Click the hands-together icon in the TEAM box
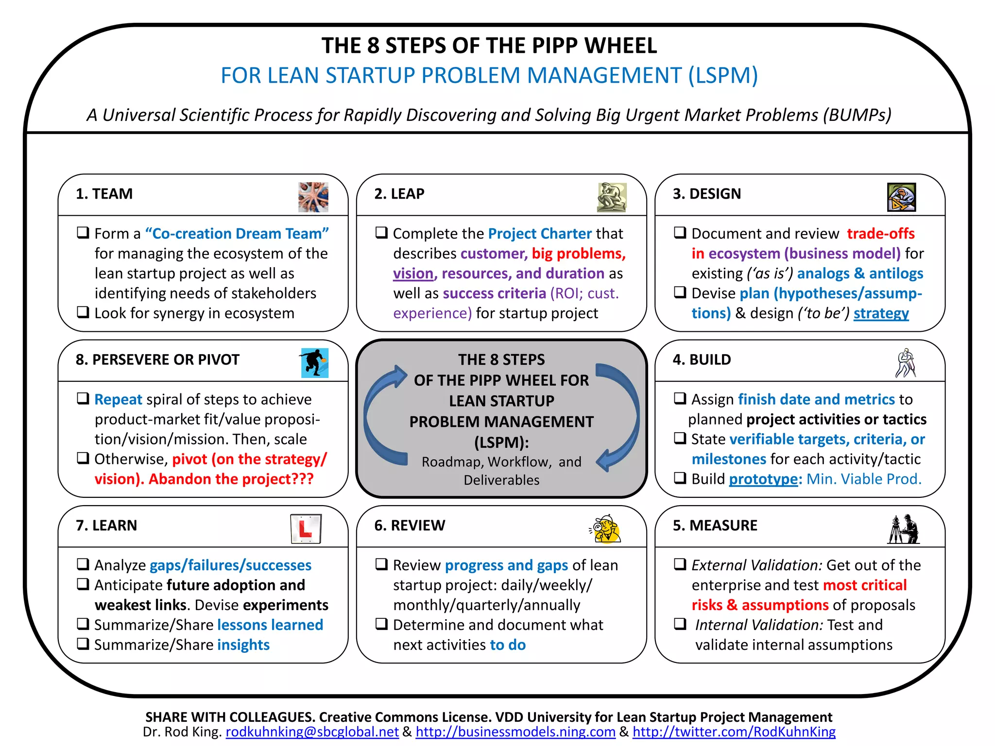(x=313, y=197)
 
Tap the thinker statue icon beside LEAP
(x=612, y=197)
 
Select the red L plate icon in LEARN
(x=306, y=528)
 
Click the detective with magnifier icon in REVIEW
(x=605, y=528)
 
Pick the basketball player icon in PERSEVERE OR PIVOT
(x=314, y=363)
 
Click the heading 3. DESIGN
(x=707, y=194)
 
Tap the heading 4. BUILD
(x=702, y=359)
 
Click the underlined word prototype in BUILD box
(x=763, y=479)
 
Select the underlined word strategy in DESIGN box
(x=881, y=313)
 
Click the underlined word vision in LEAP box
(x=413, y=273)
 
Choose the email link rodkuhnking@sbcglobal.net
(x=312, y=731)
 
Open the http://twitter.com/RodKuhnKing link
(x=734, y=731)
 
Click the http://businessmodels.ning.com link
(x=515, y=731)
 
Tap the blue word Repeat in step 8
(x=118, y=399)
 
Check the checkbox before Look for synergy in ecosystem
(x=83, y=312)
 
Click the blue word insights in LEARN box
(x=243, y=645)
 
